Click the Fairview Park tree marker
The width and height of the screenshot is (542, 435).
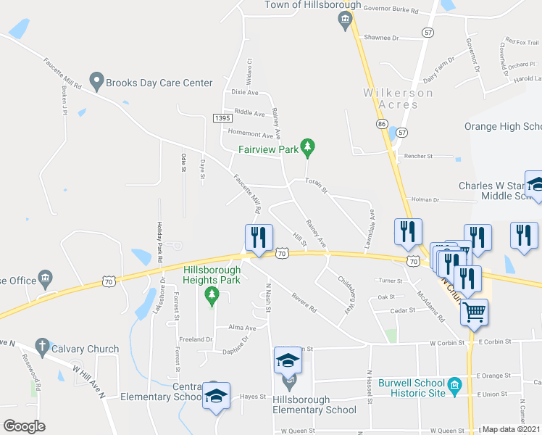308,149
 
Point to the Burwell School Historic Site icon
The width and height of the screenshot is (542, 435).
455,384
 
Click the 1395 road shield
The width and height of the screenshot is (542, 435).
222,117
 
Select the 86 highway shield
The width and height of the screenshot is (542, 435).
381,125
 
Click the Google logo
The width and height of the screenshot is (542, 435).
24,426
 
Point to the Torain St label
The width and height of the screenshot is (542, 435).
317,186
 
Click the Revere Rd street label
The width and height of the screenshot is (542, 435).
304,302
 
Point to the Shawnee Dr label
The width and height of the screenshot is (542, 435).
381,37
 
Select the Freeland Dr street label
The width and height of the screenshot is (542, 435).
196,339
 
